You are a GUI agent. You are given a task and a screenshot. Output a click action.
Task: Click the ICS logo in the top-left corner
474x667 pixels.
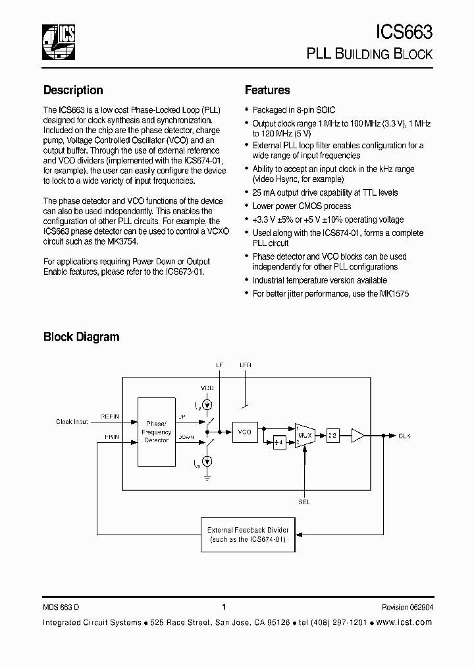click(58, 41)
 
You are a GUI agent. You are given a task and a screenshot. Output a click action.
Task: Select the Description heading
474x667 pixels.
click(73, 90)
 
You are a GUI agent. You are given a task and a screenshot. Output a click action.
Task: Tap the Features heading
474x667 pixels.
click(267, 90)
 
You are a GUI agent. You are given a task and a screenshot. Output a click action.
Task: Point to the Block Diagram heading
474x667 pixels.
click(81, 337)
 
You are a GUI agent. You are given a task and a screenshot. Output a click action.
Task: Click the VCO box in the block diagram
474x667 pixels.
click(244, 432)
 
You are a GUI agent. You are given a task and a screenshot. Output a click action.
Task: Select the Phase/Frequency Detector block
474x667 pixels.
click(157, 432)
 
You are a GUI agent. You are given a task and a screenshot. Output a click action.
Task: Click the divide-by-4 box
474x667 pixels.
click(279, 443)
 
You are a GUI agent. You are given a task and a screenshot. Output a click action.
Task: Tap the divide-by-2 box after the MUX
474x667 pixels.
click(332, 436)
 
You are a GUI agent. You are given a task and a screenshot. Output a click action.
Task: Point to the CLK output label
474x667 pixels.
click(405, 436)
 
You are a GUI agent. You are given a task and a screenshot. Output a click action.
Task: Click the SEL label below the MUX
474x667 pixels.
click(303, 502)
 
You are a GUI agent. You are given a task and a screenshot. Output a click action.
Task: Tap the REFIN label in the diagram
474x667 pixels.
click(109, 416)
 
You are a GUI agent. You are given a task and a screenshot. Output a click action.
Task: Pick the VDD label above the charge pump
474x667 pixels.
click(207, 388)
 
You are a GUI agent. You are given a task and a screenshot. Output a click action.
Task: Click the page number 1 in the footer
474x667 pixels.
click(224, 608)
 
